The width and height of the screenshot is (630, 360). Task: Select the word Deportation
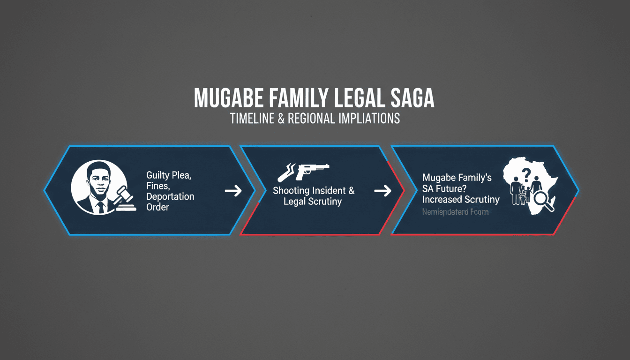pyautogui.click(x=170, y=196)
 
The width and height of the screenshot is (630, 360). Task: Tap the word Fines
pyautogui.click(x=157, y=187)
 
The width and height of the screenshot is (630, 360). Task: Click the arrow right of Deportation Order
pyautogui.click(x=233, y=190)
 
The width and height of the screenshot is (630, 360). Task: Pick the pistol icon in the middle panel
pyautogui.click(x=304, y=171)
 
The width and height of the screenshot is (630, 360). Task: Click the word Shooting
pyautogui.click(x=291, y=191)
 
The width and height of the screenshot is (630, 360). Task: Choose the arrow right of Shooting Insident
pyautogui.click(x=382, y=190)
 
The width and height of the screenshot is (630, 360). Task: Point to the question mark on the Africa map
pyautogui.click(x=527, y=174)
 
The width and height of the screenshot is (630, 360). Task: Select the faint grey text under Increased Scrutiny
pyautogui.click(x=455, y=212)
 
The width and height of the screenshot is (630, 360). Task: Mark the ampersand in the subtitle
pyautogui.click(x=281, y=118)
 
